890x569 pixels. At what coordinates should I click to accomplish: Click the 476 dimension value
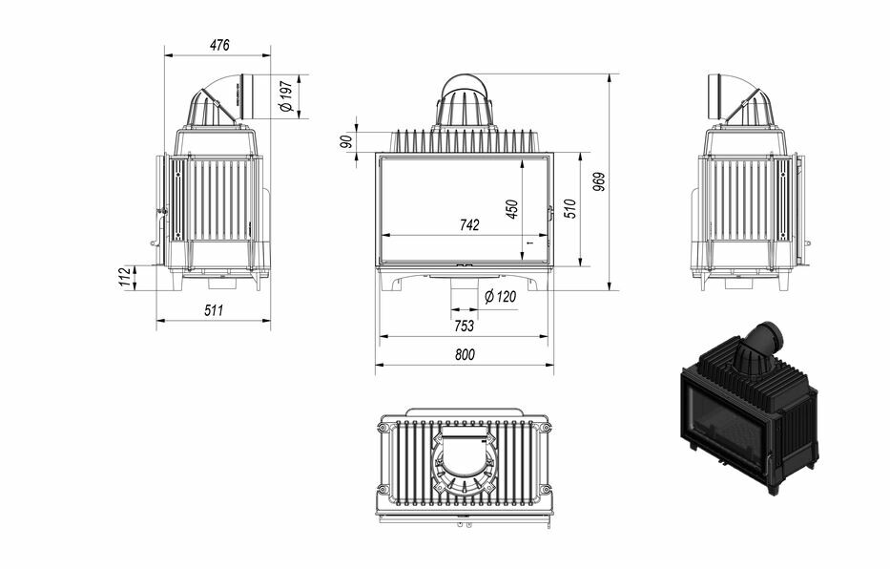(x=219, y=45)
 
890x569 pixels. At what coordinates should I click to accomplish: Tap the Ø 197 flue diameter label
(x=286, y=96)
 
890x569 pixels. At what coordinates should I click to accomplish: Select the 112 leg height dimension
(x=126, y=277)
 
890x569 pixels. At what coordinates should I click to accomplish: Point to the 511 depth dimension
(x=214, y=310)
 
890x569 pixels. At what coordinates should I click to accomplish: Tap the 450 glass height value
(x=512, y=209)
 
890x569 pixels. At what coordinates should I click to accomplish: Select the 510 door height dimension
(x=571, y=209)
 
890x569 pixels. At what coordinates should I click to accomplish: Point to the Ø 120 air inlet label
(x=500, y=296)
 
